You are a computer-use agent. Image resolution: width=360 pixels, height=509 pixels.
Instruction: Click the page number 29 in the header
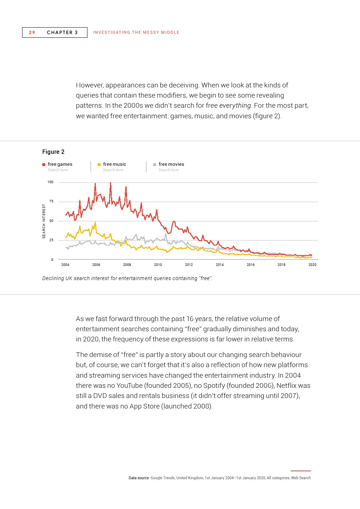point(32,32)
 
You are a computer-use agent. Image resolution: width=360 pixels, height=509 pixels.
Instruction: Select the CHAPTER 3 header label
point(62,32)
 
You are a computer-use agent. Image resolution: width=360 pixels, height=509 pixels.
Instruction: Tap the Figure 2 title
point(53,152)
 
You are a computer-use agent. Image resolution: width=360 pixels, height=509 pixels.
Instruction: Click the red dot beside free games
point(44,164)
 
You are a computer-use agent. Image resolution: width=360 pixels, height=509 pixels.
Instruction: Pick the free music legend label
point(114,164)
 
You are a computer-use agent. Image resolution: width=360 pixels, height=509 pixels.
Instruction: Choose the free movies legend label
point(171,164)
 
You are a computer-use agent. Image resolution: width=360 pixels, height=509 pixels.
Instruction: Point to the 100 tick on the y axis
point(50,182)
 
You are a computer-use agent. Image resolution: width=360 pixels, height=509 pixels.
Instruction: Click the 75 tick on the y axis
point(51,201)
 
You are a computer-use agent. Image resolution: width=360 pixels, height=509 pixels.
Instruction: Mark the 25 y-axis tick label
point(51,240)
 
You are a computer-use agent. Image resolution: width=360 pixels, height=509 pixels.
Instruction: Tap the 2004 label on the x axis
point(65,265)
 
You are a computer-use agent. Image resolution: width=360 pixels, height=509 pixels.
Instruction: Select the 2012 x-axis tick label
point(189,265)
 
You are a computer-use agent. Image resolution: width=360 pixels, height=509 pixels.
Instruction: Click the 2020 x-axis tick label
point(312,265)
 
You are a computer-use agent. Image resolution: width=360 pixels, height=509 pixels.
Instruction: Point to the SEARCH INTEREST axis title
point(44,221)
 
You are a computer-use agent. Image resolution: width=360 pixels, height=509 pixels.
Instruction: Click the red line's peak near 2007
point(110,183)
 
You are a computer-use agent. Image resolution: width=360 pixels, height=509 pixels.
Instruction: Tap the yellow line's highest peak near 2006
point(95,222)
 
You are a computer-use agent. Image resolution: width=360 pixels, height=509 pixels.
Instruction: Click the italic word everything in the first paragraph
point(235,106)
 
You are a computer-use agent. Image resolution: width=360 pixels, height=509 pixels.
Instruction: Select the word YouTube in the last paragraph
point(130,385)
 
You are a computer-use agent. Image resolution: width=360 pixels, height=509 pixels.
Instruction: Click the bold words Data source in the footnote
point(139,478)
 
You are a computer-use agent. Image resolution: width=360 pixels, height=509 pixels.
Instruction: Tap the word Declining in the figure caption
point(53,278)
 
